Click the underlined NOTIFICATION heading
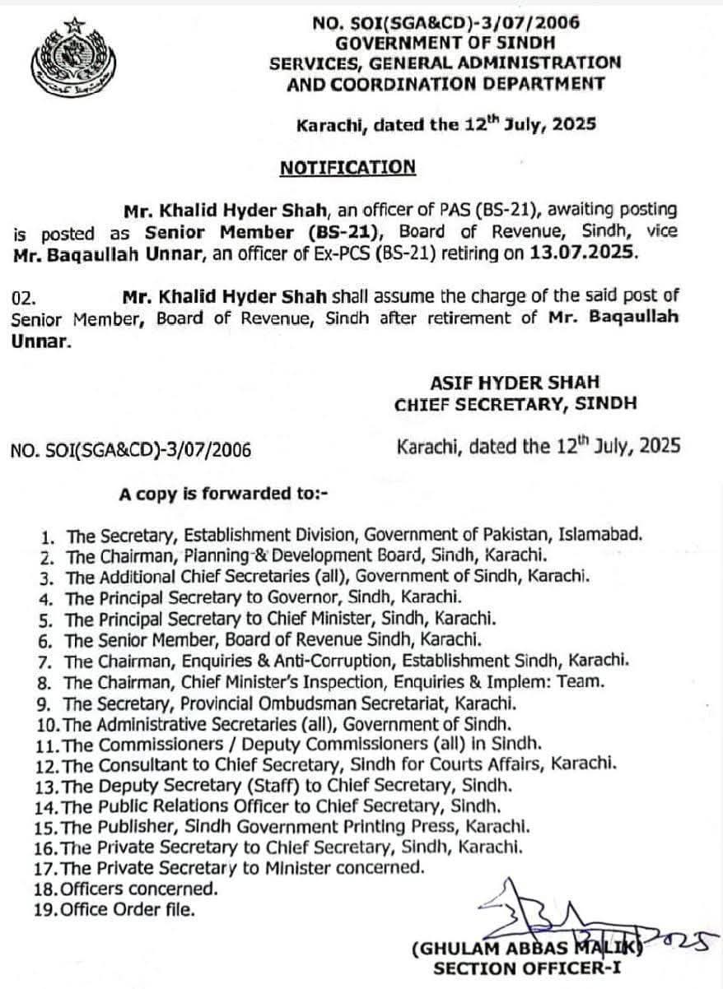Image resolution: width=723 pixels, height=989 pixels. (x=348, y=168)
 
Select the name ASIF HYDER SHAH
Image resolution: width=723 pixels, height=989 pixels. (x=515, y=382)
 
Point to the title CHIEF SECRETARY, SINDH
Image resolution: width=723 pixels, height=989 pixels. (x=515, y=403)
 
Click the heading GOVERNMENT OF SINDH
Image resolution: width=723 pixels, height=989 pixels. (x=445, y=42)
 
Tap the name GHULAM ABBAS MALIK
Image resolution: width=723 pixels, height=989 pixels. (x=527, y=949)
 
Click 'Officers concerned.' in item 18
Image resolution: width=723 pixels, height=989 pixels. (x=140, y=888)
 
